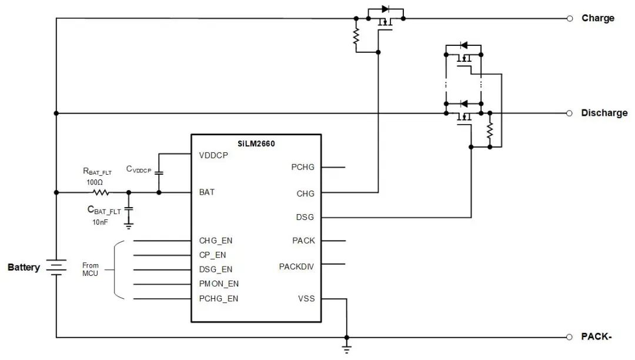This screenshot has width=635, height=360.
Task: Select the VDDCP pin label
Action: (x=214, y=156)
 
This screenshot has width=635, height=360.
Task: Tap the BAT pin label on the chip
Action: (x=206, y=192)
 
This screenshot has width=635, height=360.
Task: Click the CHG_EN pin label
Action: (x=216, y=241)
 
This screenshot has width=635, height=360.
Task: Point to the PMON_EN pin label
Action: (x=219, y=284)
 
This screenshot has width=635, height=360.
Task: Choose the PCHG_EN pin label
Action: (x=219, y=298)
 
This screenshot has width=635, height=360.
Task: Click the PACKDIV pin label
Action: (x=296, y=266)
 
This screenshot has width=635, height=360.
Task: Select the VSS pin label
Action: (x=306, y=298)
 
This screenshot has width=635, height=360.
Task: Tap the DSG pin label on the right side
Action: (x=305, y=217)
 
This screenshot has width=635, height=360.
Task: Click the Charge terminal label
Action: (x=598, y=18)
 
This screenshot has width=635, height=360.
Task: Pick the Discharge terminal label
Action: (x=604, y=113)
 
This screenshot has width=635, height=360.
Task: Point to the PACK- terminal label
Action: (x=597, y=337)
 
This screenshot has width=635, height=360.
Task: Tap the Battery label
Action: (x=24, y=268)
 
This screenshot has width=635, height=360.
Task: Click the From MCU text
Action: (x=90, y=269)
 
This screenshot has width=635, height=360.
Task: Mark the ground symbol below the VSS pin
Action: (x=346, y=349)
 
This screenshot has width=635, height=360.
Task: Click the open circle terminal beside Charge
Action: (x=570, y=18)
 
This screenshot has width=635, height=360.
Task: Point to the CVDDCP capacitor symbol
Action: (x=159, y=173)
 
